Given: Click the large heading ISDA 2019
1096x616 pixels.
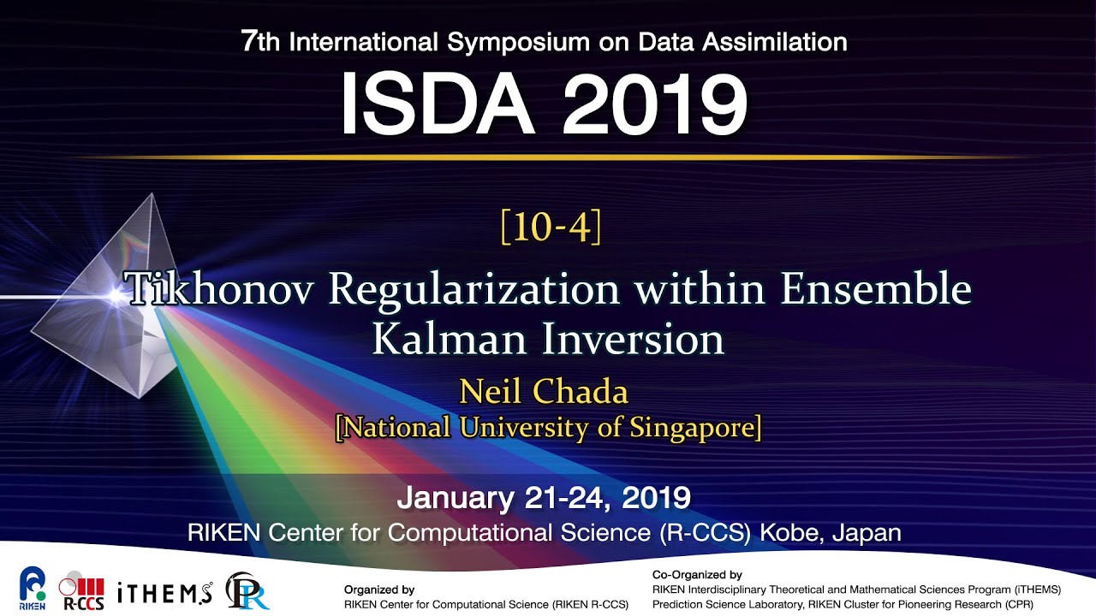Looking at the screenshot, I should [x=544, y=104].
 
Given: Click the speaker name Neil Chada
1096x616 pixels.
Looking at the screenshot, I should [x=544, y=392].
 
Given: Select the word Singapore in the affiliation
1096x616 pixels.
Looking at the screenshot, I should [x=694, y=427].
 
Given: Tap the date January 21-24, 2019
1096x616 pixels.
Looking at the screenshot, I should [x=544, y=496].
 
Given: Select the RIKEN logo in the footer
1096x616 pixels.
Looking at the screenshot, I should [x=33, y=588].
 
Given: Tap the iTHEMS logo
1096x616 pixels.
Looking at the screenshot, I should [x=164, y=591].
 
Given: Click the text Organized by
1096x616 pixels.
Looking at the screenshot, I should [x=379, y=589].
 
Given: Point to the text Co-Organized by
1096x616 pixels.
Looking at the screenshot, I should [x=697, y=575].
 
